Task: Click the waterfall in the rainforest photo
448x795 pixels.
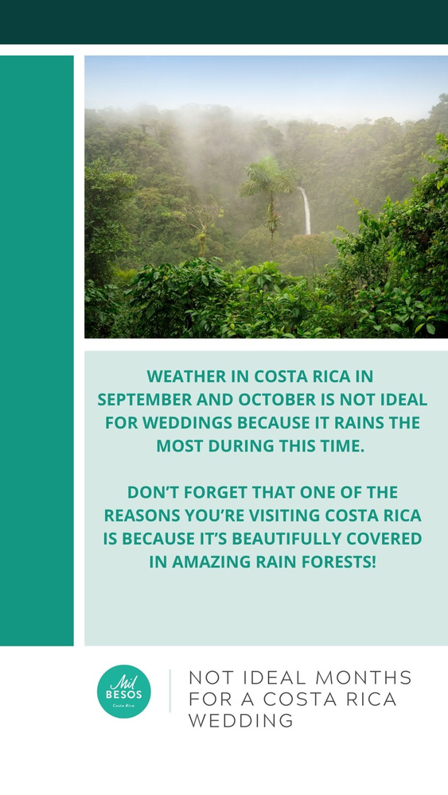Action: [305, 211]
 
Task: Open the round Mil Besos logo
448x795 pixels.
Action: [124, 691]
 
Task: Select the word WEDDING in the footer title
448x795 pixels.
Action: [240, 721]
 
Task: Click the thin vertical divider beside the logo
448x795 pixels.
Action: [169, 691]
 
